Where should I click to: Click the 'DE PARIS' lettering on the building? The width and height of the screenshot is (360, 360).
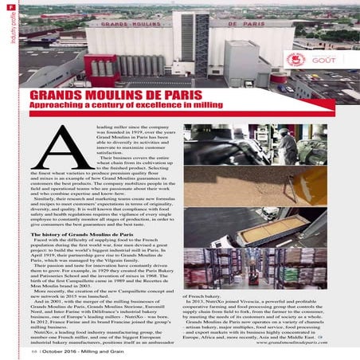point(241,25)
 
